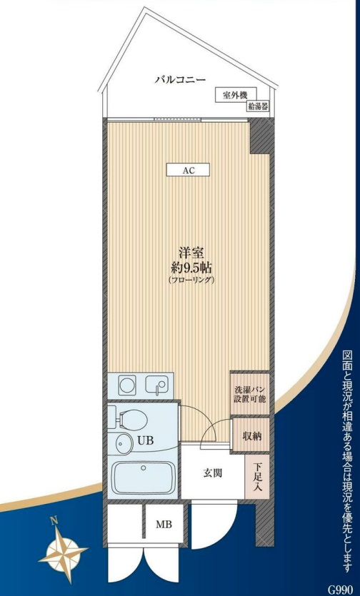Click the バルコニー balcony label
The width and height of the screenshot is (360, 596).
click(x=180, y=80)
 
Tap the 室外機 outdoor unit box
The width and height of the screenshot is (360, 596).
click(x=236, y=95)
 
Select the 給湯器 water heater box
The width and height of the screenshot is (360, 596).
click(x=258, y=106)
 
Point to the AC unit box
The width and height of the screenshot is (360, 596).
click(x=188, y=170)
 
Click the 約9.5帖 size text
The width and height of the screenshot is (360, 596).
click(x=191, y=268)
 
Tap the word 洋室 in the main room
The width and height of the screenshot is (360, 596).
click(x=191, y=253)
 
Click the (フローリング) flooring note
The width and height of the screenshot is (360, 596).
click(x=191, y=281)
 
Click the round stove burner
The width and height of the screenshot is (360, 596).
click(x=127, y=385)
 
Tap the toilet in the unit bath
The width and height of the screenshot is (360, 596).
click(x=131, y=419)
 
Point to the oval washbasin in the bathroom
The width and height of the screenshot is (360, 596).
click(x=121, y=443)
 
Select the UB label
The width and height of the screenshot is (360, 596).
click(x=146, y=440)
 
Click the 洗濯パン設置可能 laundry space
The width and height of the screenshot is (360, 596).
click(x=249, y=394)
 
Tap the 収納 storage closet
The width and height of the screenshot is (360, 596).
click(x=251, y=435)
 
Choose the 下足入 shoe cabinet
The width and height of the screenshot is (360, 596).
click(x=257, y=477)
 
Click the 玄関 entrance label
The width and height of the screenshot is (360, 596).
click(x=212, y=473)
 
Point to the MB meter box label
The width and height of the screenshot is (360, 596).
click(x=164, y=525)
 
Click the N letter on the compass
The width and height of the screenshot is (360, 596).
click(x=54, y=521)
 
